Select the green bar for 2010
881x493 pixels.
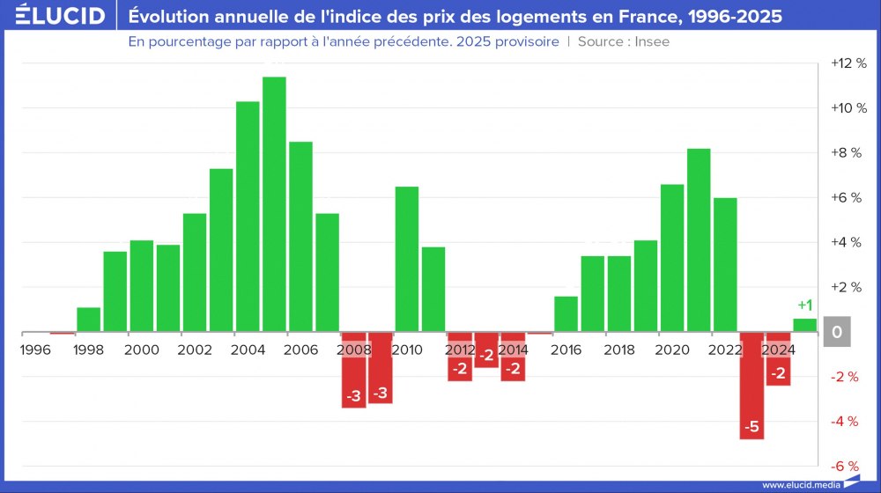[x=406, y=259]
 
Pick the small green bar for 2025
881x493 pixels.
[x=804, y=325]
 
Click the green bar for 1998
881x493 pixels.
[x=88, y=320]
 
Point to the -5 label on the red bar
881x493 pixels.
[x=751, y=428]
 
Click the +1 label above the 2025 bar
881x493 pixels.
[x=803, y=305]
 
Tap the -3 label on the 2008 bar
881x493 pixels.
[x=353, y=396]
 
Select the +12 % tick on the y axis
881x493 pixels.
[x=849, y=63]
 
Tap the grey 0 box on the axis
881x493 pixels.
[x=837, y=332]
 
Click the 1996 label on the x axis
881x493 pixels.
[x=36, y=350]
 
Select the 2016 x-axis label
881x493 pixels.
[x=566, y=350]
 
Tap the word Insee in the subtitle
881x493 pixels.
[x=651, y=42]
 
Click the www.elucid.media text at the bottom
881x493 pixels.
[x=800, y=485]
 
